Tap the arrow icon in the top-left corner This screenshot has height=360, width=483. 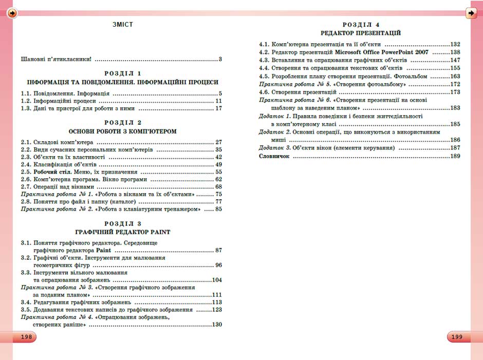12,13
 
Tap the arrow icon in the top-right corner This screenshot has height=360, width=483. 471,13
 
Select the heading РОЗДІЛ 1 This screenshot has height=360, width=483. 122,73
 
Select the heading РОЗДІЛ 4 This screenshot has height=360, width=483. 361,25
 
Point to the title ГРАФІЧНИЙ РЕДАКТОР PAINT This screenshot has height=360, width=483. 122,232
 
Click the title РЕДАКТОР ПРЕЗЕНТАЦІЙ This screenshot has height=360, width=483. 361,33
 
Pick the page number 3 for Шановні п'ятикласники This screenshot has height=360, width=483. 220,59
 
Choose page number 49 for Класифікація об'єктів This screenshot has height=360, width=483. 218,164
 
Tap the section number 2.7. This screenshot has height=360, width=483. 26,186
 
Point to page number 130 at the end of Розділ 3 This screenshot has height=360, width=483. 217,325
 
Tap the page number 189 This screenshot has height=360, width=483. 455,156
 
